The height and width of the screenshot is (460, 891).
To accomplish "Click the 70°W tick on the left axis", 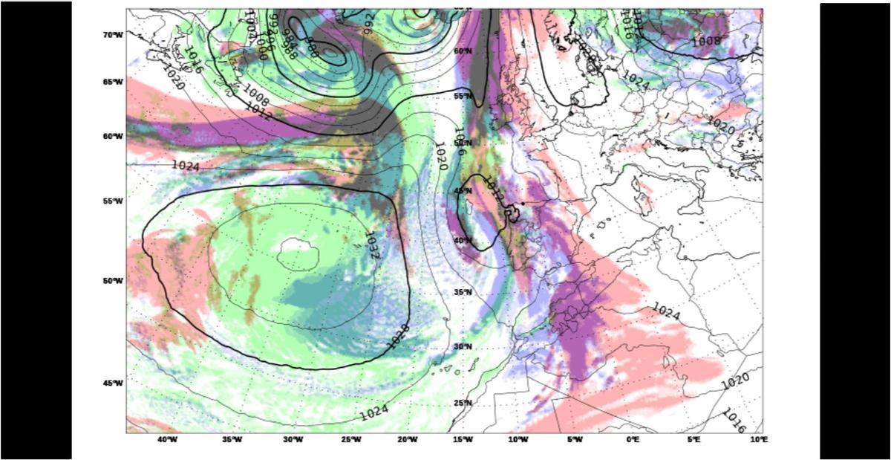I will pyautogui.click(x=113, y=35).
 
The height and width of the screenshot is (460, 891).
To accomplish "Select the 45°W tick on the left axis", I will pyautogui.click(x=113, y=383).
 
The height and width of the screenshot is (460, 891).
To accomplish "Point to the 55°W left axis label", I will pyautogui.click(x=113, y=201).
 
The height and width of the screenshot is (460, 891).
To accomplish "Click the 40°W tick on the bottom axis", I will pyautogui.click(x=168, y=440).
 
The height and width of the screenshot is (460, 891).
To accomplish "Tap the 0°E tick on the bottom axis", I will pyautogui.click(x=633, y=440).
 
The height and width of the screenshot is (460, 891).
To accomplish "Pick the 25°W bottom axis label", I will pyautogui.click(x=350, y=440).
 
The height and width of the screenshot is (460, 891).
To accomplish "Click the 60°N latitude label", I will pyautogui.click(x=463, y=51).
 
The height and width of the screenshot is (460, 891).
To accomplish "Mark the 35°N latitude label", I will pyautogui.click(x=463, y=292).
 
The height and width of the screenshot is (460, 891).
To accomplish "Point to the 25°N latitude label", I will pyautogui.click(x=463, y=403).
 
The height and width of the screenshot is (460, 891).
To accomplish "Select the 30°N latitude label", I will pyautogui.click(x=463, y=346).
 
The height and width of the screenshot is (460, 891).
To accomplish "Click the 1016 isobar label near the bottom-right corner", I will pyautogui.click(x=734, y=420).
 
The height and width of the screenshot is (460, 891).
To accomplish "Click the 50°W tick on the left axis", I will pyautogui.click(x=113, y=280).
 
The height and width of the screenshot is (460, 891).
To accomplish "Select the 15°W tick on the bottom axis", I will pyautogui.click(x=462, y=440).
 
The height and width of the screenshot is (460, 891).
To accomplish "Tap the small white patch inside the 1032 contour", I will pyautogui.click(x=298, y=253).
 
